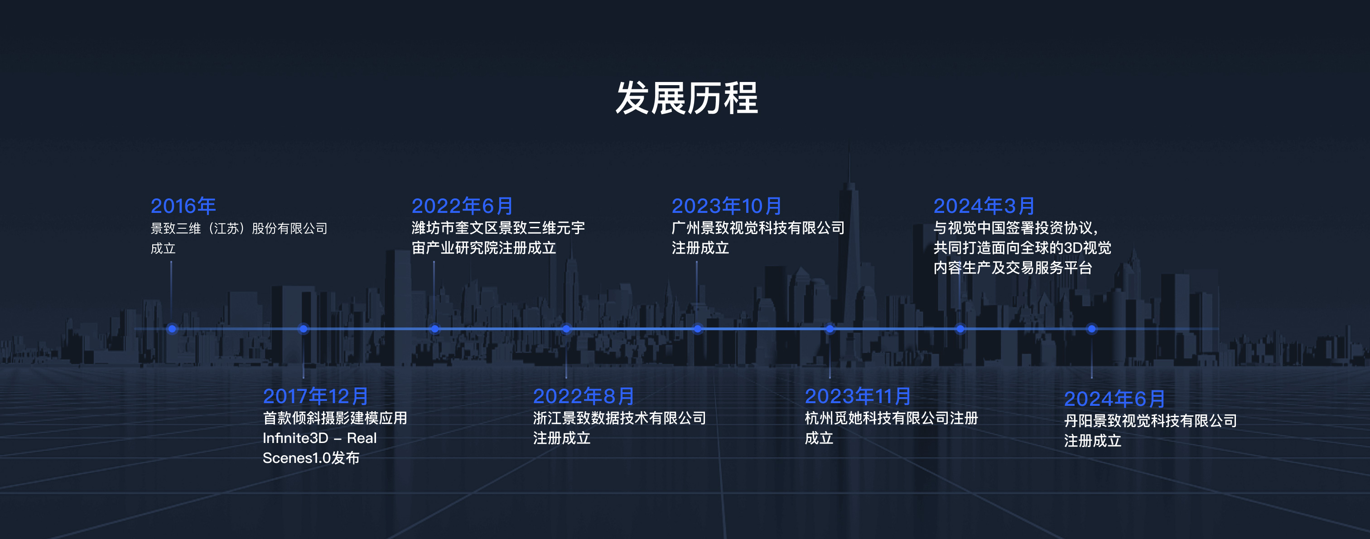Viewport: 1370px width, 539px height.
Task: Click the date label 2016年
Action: tap(183, 206)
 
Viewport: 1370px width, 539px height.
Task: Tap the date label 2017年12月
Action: tap(315, 396)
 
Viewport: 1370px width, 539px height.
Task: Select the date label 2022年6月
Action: tap(462, 206)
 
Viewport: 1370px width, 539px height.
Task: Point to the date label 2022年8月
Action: tap(584, 396)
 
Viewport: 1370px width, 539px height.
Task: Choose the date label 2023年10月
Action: tap(727, 206)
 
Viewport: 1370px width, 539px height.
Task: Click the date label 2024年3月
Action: tap(984, 206)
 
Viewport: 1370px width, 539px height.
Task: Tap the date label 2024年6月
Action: tap(1114, 399)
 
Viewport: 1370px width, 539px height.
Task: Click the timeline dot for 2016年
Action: tap(172, 329)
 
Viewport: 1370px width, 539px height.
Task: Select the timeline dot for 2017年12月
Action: tap(303, 329)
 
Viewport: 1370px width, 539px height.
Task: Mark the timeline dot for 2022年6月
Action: tap(434, 329)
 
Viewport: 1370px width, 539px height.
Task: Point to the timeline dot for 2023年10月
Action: tap(697, 329)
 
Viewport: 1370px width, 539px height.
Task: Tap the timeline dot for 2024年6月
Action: tap(1091, 329)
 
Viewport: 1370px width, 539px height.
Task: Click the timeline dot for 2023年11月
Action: tap(829, 329)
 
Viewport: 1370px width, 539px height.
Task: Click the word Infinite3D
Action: tap(295, 438)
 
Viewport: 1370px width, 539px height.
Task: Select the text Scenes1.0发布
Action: tap(311, 457)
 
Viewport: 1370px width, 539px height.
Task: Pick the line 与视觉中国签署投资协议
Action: tap(1015, 228)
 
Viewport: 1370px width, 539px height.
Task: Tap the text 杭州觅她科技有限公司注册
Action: tap(891, 419)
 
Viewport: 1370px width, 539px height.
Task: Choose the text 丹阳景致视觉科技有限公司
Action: tap(1150, 421)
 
